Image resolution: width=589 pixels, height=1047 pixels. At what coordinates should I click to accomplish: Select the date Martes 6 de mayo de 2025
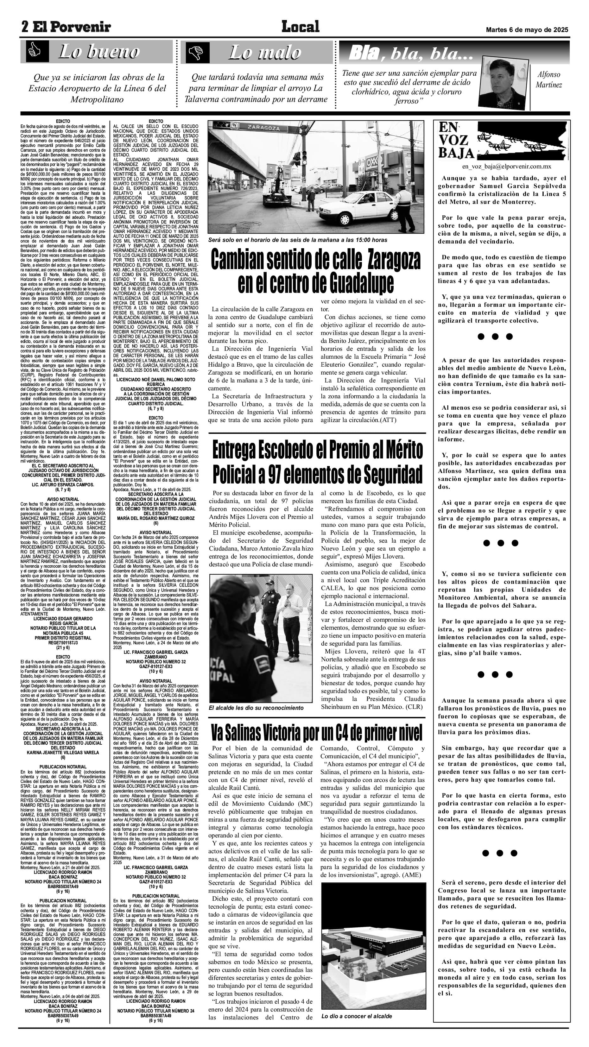[x=527, y=30]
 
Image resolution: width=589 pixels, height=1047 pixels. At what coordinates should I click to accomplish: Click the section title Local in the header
[x=301, y=27]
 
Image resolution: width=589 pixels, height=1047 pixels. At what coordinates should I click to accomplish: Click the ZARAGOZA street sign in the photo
[x=264, y=128]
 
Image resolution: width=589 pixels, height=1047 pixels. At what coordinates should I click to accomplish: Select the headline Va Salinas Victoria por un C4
[x=316, y=733]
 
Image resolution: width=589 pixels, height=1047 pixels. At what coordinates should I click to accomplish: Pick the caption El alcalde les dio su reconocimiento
[x=256, y=708]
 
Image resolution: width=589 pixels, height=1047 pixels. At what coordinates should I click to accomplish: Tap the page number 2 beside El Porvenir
[x=26, y=27]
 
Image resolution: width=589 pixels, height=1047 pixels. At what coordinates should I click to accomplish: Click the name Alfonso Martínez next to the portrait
[x=548, y=80]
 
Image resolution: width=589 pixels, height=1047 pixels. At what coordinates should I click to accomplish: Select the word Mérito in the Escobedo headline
[x=397, y=450]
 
